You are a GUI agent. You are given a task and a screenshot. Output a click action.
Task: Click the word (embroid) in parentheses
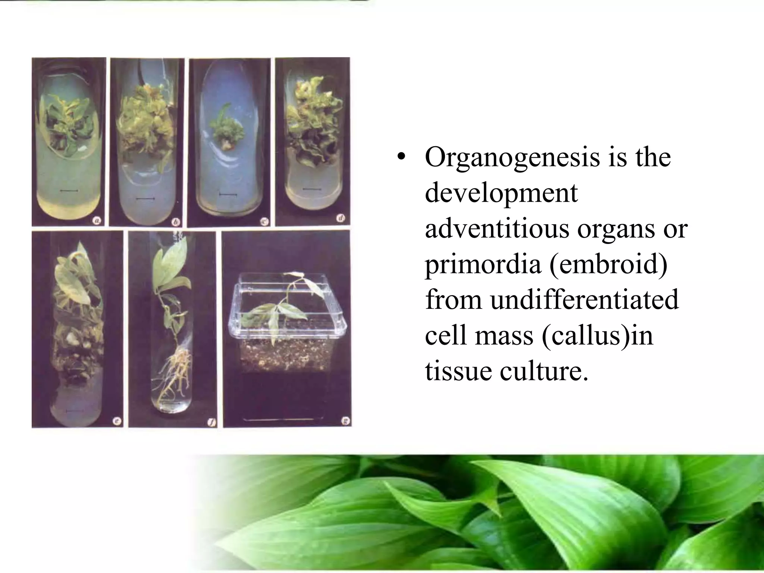pyautogui.click(x=608, y=264)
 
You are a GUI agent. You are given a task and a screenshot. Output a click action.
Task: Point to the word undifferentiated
pyautogui.click(x=584, y=300)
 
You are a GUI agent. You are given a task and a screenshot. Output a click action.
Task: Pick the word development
pyautogui.click(x=501, y=193)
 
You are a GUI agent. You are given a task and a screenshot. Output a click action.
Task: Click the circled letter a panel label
pyautogui.click(x=97, y=221)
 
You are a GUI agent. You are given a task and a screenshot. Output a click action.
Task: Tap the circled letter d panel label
pyautogui.click(x=341, y=218)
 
